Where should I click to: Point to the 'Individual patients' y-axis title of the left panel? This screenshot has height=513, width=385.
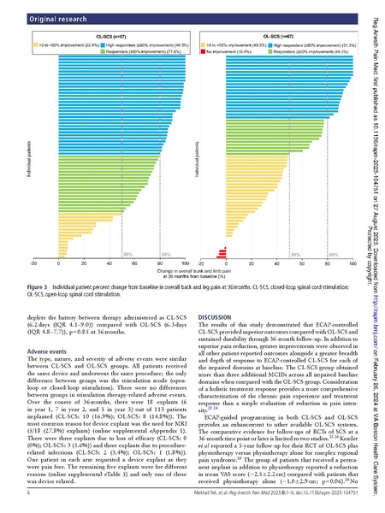pyautogui.click(x=21, y=150)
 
